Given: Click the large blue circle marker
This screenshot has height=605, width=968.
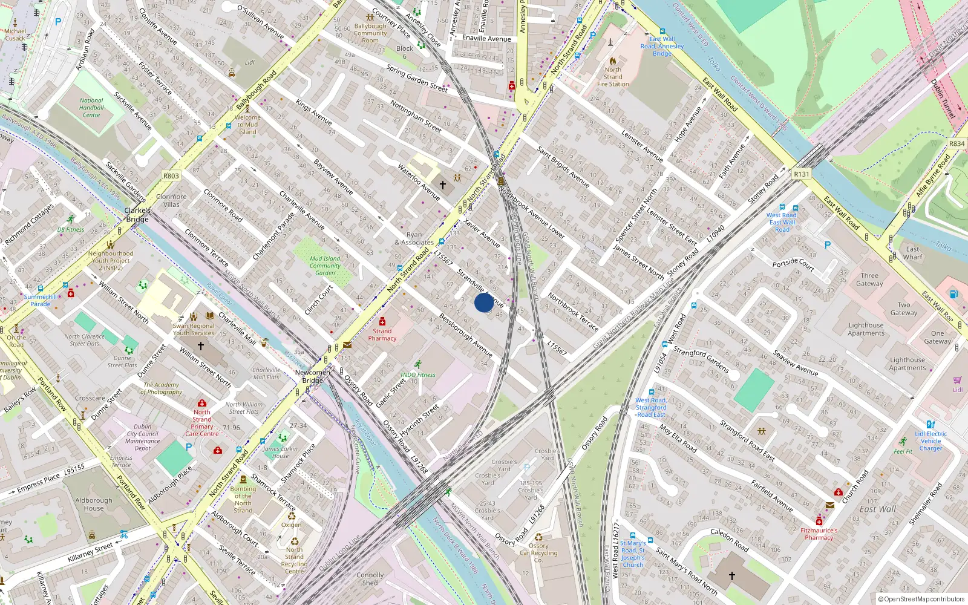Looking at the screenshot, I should (x=484, y=302).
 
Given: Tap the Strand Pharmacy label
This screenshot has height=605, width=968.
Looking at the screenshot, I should (x=382, y=335).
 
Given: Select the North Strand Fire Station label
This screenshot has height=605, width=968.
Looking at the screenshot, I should (x=613, y=77).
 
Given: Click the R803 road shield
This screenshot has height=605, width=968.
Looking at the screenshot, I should (x=171, y=176).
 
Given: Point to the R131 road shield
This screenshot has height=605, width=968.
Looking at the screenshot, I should (x=801, y=174).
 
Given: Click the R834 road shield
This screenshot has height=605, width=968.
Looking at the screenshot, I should (x=957, y=143).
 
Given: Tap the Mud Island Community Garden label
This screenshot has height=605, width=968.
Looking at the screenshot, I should (x=325, y=266).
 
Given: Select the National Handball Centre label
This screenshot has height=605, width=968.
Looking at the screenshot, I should (x=91, y=108).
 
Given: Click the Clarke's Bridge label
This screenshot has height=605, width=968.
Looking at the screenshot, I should (x=137, y=215).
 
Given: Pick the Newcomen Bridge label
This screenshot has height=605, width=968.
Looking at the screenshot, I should (x=313, y=376).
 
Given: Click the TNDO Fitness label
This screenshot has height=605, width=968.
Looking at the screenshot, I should (x=417, y=374).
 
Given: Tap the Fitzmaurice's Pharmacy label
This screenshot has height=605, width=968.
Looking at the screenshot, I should (x=819, y=534).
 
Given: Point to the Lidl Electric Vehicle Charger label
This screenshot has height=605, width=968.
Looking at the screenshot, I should (x=930, y=441).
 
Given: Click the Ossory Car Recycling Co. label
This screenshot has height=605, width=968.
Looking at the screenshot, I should (x=538, y=552).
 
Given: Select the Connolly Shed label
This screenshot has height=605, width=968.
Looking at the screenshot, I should (x=370, y=579).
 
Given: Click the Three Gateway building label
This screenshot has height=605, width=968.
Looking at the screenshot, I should (x=869, y=280).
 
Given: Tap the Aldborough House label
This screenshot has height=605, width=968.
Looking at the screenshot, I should (x=94, y=504).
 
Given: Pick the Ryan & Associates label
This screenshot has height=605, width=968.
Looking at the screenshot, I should (x=414, y=238).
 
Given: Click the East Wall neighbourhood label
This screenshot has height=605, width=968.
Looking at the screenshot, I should (x=877, y=509).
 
